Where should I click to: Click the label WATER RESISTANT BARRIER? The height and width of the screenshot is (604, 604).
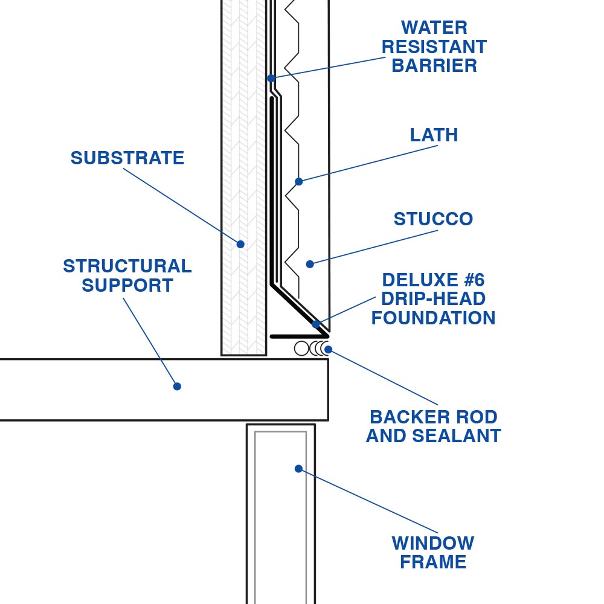click(x=434, y=47)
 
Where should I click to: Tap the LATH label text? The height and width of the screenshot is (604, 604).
click(x=434, y=135)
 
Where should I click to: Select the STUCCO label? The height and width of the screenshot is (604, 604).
click(x=433, y=219)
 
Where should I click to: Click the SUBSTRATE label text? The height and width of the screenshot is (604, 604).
click(x=127, y=158)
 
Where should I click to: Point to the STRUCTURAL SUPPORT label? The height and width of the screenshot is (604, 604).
click(x=127, y=275)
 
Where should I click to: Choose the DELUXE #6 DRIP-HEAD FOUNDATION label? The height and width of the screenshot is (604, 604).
click(x=433, y=299)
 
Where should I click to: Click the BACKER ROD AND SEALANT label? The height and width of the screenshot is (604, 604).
click(x=433, y=426)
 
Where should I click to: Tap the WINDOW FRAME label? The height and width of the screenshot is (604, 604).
click(x=433, y=552)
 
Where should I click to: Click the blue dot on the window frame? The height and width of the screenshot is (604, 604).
click(x=298, y=469)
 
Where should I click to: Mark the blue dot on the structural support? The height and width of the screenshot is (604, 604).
click(x=177, y=386)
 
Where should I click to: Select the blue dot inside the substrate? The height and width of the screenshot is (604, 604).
click(x=240, y=244)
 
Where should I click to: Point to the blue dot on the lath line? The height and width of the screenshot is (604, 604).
click(x=298, y=181)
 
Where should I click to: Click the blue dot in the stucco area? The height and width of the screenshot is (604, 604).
click(x=310, y=264)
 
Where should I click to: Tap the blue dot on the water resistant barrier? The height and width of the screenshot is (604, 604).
click(x=271, y=78)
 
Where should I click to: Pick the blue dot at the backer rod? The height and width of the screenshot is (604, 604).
click(x=328, y=349)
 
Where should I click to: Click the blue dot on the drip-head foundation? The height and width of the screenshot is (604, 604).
click(x=316, y=324)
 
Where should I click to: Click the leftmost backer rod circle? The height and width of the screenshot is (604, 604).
click(x=301, y=349)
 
